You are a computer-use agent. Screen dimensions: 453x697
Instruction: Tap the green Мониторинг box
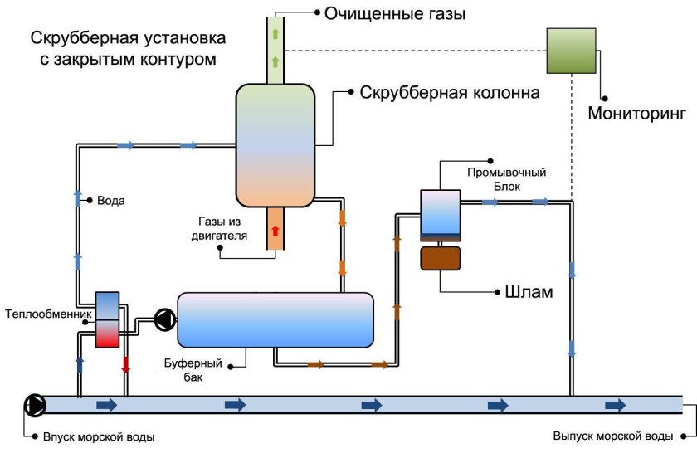pos(571,50)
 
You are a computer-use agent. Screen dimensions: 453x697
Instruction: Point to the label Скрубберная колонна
pos(449,92)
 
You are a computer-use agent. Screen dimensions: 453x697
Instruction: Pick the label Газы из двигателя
pos(222,228)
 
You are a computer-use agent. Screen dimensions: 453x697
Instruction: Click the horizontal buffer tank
pos(275,319)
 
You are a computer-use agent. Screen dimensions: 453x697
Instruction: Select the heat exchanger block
pos(108,319)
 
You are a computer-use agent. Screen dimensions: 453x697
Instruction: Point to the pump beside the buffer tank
pos(163,319)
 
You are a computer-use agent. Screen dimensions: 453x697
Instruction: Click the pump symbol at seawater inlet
pos(36,405)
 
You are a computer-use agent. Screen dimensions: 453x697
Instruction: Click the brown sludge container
pos(441,257)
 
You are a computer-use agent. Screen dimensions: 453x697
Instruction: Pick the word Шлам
pos(529,292)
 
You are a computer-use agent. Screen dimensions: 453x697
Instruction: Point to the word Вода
pos(111,201)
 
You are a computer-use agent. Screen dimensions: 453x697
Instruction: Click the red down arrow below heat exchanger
pos(126,365)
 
